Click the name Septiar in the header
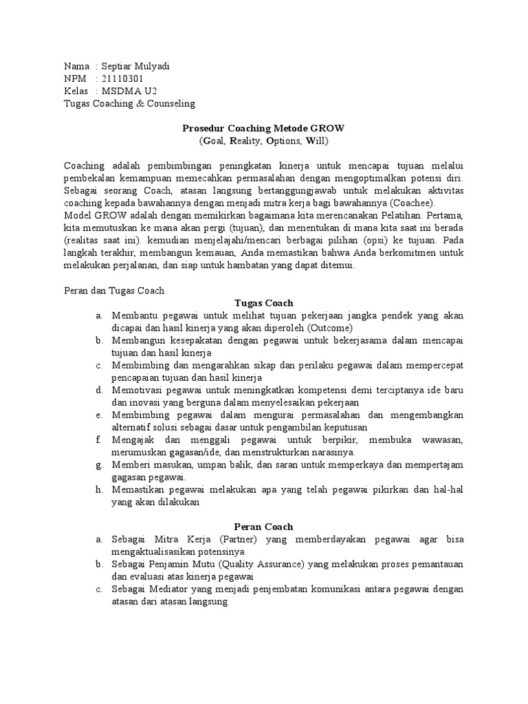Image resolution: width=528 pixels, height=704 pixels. coord(118,66)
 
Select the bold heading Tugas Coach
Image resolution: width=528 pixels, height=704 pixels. coord(263,302)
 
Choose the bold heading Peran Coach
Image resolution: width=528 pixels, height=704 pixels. coord(263,526)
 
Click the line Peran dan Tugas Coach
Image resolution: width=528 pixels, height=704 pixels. coord(114,290)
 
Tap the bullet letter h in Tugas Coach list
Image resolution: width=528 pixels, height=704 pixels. coord(100,489)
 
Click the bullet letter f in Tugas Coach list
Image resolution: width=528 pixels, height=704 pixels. coord(100,439)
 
